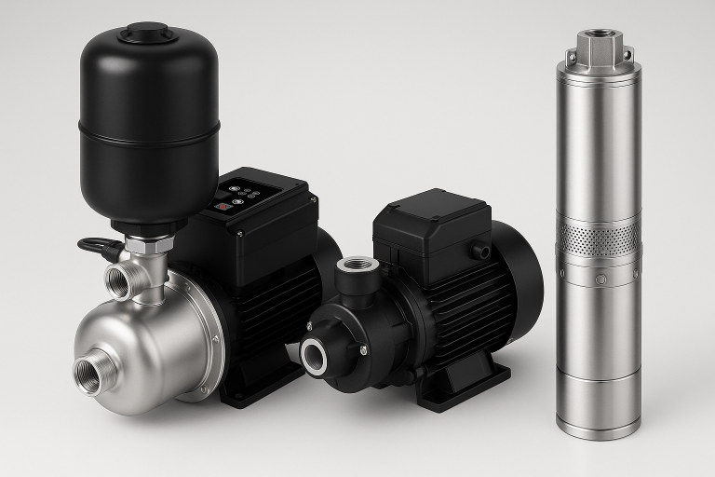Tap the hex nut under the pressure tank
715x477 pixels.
(149, 245)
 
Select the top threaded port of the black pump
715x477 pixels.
(356, 266)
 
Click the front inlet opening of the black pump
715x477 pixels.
(315, 356)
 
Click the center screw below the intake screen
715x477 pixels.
(600, 279)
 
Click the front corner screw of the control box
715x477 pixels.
(239, 233)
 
